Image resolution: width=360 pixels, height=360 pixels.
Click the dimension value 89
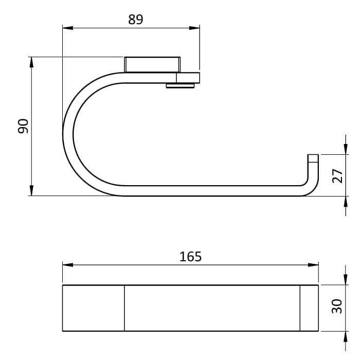coord(135,20)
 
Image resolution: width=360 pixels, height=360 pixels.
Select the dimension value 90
coord(23,126)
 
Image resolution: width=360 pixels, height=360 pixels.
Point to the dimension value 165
coord(190,256)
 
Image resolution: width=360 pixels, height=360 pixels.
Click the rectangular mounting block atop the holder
coord(152,65)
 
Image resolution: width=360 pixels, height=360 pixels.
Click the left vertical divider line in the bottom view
coord(124,308)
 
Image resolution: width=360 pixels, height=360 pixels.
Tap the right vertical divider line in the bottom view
coord(300,308)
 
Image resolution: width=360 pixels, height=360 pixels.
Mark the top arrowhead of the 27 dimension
coord(345,149)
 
